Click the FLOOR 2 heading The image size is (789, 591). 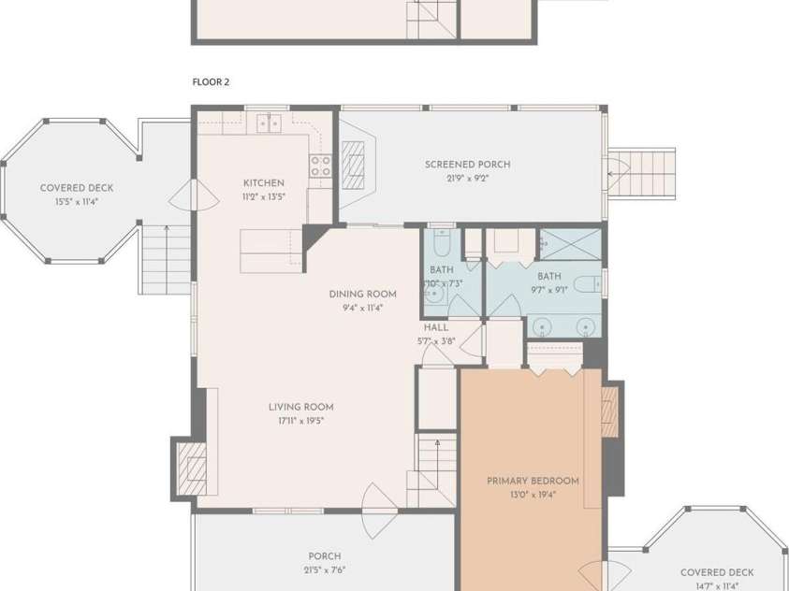point(211,82)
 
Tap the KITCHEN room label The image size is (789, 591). point(263,183)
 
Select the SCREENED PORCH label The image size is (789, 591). point(467,165)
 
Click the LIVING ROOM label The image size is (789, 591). point(300,407)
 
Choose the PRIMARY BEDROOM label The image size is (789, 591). point(533,481)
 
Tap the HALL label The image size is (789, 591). point(435,328)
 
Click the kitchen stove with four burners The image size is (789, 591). point(321,166)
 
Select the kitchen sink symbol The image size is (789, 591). point(270,123)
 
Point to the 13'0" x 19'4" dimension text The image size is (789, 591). point(533,495)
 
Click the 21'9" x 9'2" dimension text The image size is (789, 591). point(467,179)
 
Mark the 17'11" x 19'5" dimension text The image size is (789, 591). point(300,421)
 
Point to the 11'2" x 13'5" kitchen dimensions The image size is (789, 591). point(263,197)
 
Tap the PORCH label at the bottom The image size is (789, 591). point(324,556)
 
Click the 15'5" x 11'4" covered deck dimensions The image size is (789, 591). point(76,202)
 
